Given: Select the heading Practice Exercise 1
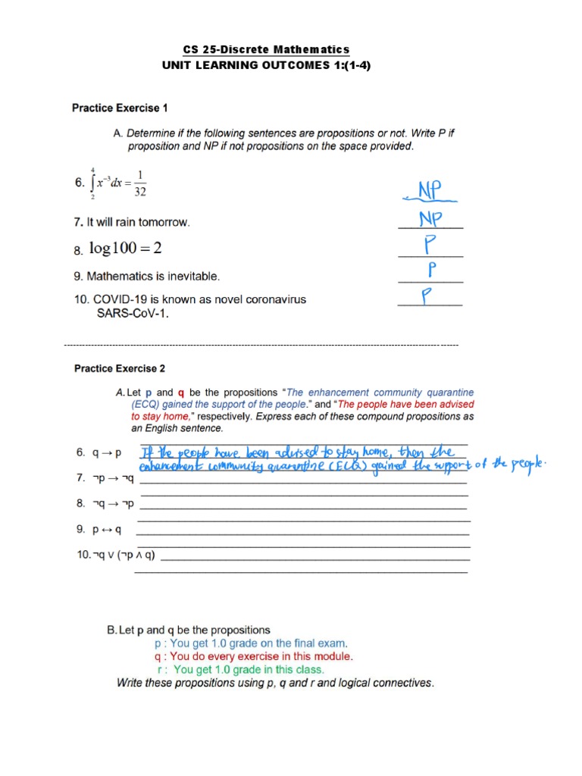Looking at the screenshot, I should click(x=120, y=108).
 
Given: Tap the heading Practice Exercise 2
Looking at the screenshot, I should click(x=120, y=369).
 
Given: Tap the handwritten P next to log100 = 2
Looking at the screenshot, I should click(x=430, y=246).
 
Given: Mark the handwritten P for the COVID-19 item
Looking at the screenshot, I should click(x=430, y=296).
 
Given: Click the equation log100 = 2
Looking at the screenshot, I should click(x=126, y=249).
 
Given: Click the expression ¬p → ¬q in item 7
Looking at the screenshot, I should click(x=114, y=478).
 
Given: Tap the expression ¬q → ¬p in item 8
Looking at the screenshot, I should click(x=114, y=503).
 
